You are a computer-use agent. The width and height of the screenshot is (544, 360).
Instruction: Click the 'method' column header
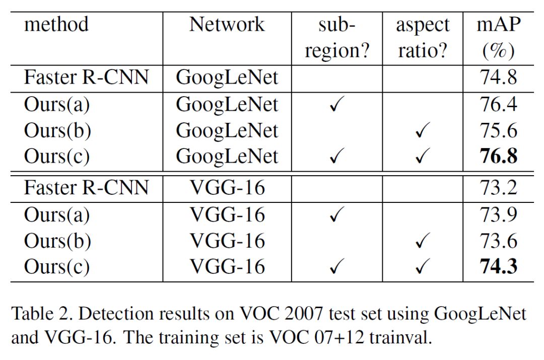pyautogui.click(x=56, y=24)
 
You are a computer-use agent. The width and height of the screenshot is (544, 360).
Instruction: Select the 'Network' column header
pyautogui.click(x=227, y=24)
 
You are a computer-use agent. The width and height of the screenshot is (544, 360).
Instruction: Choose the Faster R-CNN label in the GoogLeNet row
pyautogui.click(x=86, y=78)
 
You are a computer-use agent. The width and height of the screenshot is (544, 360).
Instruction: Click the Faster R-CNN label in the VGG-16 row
pyautogui.click(x=86, y=188)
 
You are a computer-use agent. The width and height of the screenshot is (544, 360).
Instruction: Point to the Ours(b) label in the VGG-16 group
pyautogui.click(x=57, y=241)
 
